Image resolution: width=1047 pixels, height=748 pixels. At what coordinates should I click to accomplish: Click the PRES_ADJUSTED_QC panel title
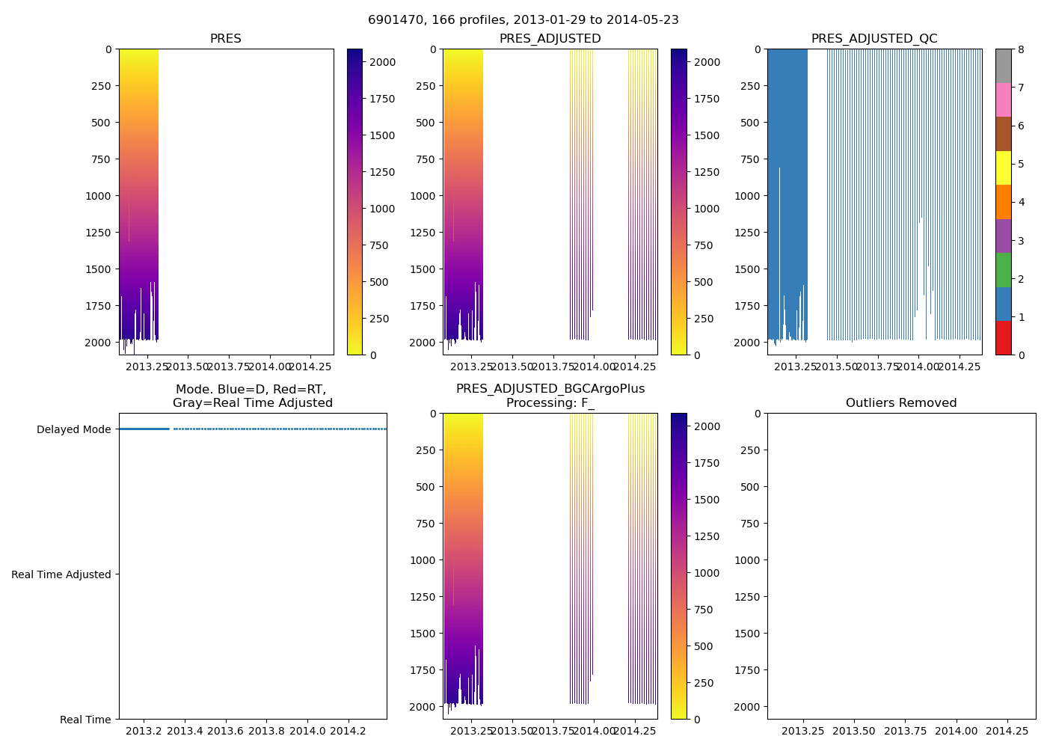(874, 39)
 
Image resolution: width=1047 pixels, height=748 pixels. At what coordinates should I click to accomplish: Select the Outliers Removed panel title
(901, 403)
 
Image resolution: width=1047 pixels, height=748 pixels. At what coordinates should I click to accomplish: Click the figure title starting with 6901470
(523, 20)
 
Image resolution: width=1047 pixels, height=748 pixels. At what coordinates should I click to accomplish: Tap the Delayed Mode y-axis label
(73, 429)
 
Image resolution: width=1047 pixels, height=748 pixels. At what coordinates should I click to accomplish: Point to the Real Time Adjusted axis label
(61, 574)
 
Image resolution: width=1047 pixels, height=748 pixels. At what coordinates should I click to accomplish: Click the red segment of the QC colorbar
(1003, 338)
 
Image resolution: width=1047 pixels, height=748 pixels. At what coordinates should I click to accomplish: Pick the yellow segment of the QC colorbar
(1003, 168)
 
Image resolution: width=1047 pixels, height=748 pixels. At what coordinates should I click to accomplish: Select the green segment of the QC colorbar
(1003, 270)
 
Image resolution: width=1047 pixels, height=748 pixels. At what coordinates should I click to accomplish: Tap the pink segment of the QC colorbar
(1003, 99)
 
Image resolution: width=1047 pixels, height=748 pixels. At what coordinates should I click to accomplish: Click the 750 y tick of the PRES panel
(102, 159)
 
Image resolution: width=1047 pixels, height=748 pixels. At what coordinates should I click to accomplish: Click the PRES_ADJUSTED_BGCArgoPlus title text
(550, 389)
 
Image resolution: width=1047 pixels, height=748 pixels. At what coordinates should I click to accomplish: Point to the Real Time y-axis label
(85, 720)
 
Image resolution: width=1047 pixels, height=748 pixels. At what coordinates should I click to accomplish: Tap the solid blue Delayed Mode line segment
(144, 429)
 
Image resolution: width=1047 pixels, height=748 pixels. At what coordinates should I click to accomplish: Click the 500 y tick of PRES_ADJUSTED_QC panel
(750, 123)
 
